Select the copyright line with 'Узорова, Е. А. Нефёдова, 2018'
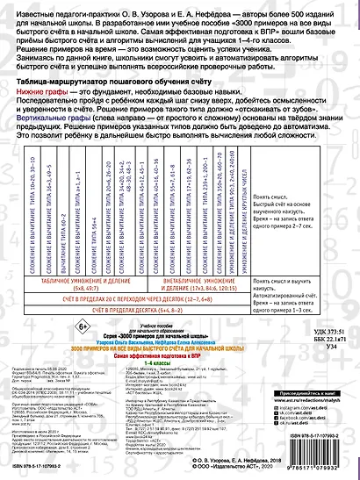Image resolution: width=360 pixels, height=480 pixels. coord(294,463)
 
